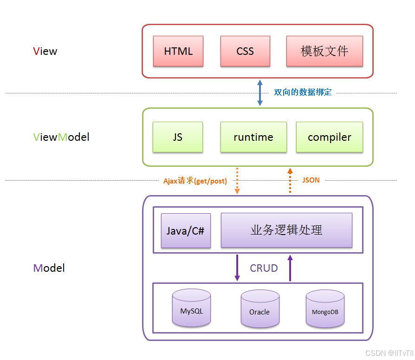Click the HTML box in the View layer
pos(178,51)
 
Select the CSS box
pos(245,51)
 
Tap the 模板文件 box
pos(324,51)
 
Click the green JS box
pos(178,137)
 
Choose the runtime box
pos(253,137)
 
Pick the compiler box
pos(330,137)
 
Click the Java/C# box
pos(186,230)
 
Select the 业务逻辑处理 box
pos(286,230)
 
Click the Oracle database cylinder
pos(259,309)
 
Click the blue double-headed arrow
pos(260,92)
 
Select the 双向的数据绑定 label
pos(303,92)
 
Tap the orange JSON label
pos(311,180)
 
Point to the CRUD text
pos(264,268)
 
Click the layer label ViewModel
pos(61,137)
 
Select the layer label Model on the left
pos(49,268)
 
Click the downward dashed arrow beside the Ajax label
pos(237,181)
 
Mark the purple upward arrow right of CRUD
pos(290,268)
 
